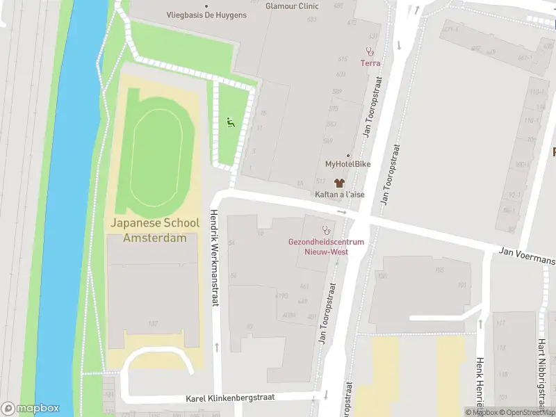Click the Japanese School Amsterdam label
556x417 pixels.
154,230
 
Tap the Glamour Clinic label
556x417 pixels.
293,6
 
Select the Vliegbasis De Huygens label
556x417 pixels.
206,15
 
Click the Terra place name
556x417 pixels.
370,63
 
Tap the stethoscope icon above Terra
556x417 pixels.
370,51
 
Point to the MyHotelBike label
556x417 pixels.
347,164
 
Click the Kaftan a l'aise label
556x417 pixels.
340,195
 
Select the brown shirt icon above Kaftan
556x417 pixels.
339,183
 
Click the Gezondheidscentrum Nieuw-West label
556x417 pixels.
326,246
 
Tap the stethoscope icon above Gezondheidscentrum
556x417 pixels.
325,229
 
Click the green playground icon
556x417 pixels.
230,122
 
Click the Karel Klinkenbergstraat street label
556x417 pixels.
230,398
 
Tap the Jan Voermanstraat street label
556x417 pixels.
527,259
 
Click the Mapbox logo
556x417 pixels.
31,409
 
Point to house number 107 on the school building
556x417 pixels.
152,323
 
